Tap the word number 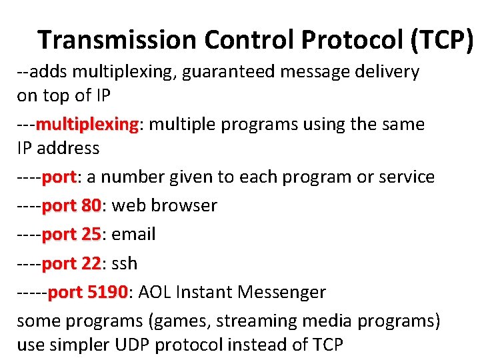[x=131, y=177]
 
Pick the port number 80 [x=91, y=205]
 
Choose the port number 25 [x=91, y=234]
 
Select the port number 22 [x=91, y=263]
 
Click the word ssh [x=125, y=263]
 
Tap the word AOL [x=153, y=292]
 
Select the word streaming [x=261, y=321]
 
